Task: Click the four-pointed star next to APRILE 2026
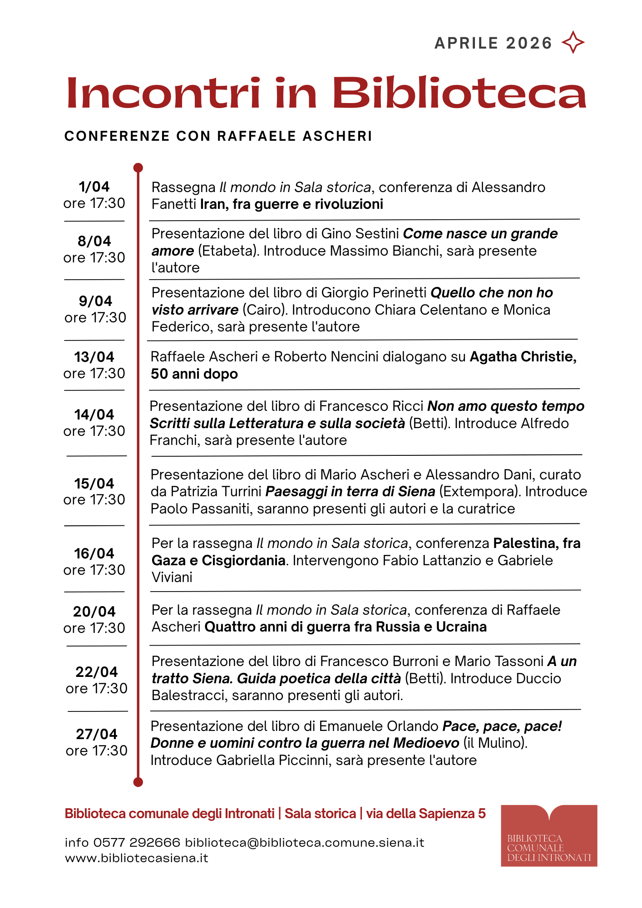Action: coord(573,43)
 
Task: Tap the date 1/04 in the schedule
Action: coord(94,187)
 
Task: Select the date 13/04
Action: coord(94,357)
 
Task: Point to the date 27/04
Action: coord(96,734)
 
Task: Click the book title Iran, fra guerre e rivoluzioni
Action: coord(292,204)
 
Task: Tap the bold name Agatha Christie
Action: coord(523,357)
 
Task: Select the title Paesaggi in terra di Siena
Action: coord(350,492)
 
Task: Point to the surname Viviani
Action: coord(172,577)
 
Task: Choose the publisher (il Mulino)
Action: coord(495,743)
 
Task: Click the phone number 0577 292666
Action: coord(137,843)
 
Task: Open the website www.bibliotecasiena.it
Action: coord(137,858)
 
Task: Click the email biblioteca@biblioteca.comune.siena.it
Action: coord(305,843)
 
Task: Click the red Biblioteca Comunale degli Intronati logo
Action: coord(549,836)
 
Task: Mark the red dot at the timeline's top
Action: coord(138,168)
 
